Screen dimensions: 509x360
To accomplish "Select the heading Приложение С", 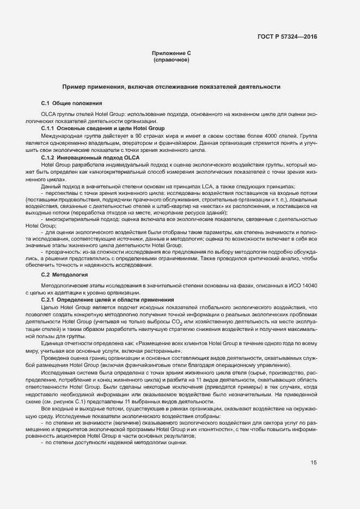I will (171, 53).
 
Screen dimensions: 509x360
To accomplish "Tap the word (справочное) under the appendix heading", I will (171, 59).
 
